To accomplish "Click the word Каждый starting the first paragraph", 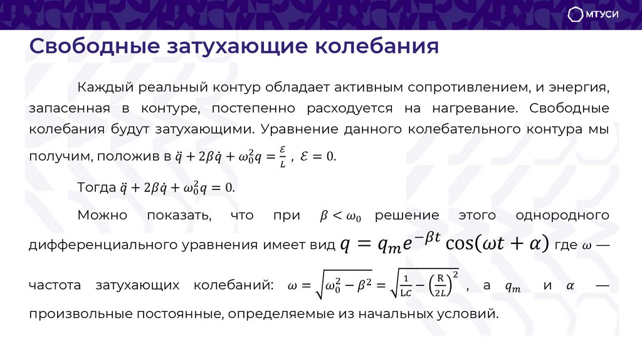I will (104, 87).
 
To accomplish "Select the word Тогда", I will (96, 187).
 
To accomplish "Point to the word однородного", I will (562, 215).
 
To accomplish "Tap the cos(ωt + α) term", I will (496, 243).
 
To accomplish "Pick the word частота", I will (55, 285).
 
